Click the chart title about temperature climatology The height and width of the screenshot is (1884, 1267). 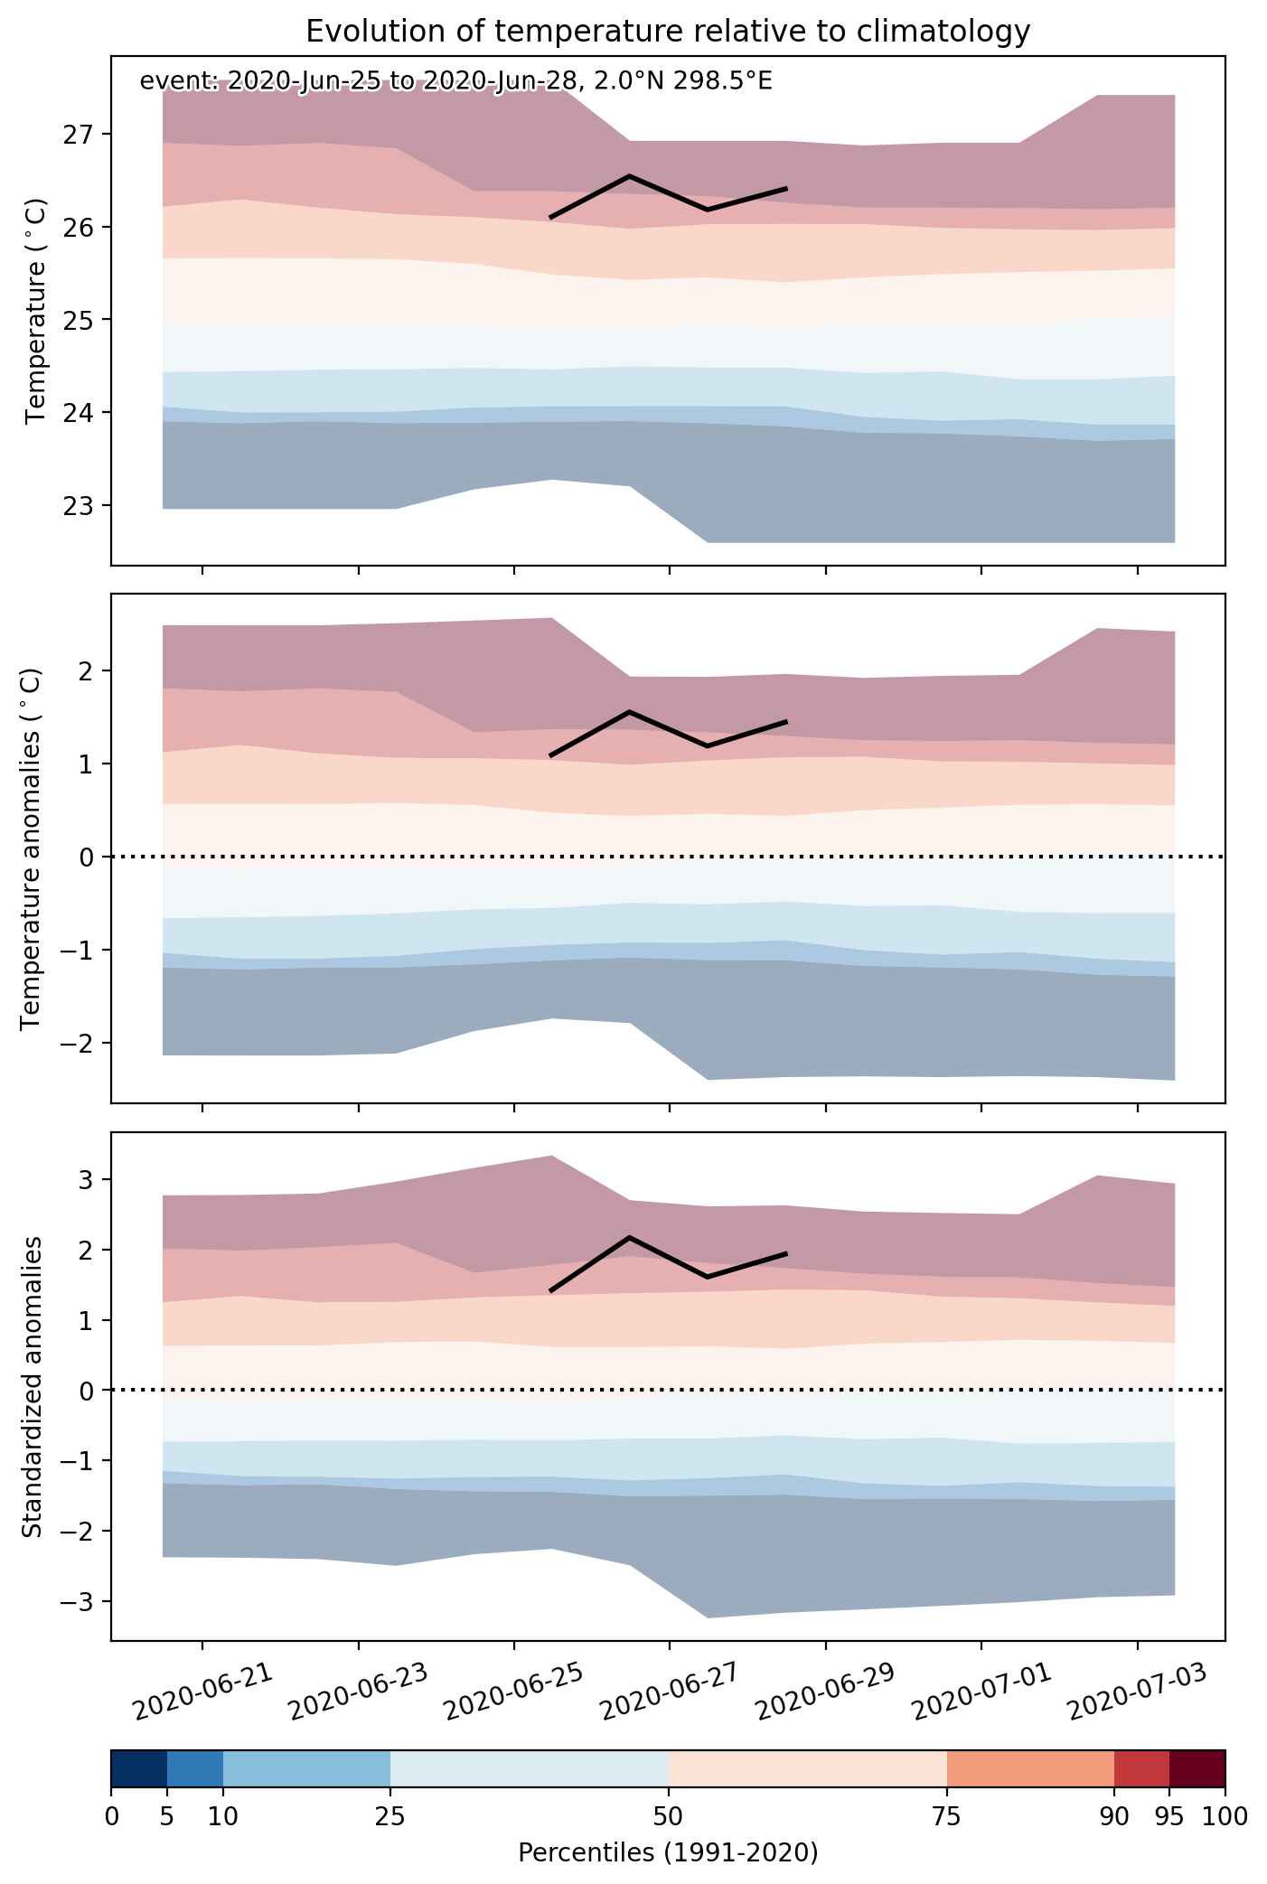[x=668, y=32]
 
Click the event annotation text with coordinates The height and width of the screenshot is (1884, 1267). [x=455, y=81]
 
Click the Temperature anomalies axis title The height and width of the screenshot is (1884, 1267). [x=31, y=848]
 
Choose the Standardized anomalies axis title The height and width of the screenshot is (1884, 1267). [x=31, y=1386]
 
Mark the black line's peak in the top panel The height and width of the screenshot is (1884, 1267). [x=629, y=175]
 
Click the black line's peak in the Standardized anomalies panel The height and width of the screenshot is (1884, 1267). [x=629, y=1237]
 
